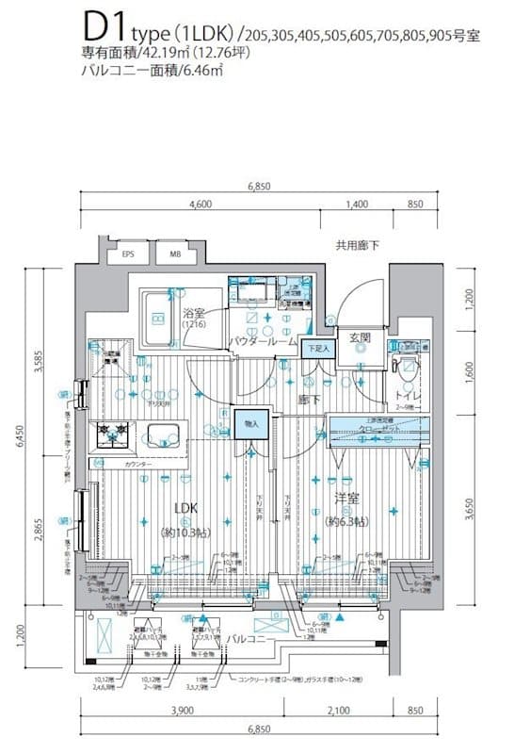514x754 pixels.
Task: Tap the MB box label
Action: (176, 254)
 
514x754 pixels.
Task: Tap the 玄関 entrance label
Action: (359, 336)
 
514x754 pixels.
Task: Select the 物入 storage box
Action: (249, 423)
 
